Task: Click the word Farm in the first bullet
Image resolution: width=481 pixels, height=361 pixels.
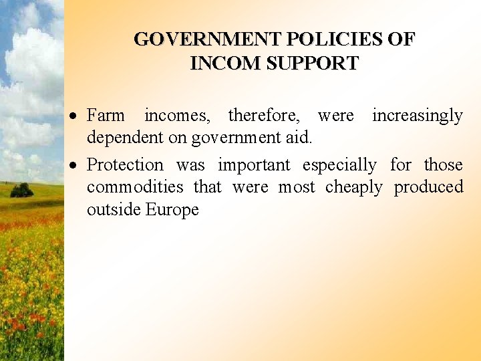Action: coord(106,116)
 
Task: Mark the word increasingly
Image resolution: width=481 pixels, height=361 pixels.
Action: coord(417,116)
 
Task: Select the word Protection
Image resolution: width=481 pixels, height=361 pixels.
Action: coord(125,164)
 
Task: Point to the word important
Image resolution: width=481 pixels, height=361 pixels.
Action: coord(254,165)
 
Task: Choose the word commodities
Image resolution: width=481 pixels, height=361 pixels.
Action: coord(134,187)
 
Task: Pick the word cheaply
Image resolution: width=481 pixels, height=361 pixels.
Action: coord(354,188)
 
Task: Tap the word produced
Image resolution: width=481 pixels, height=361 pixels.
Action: coord(428,188)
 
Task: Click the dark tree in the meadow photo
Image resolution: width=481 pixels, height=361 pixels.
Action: coord(21,190)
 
